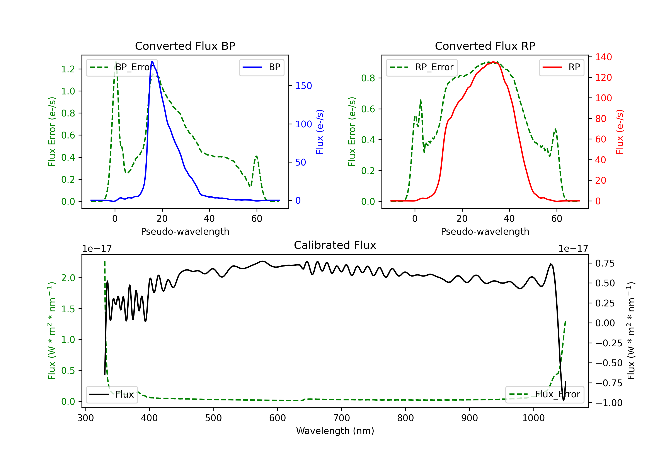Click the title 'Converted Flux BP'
tap(185, 46)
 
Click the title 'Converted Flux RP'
tap(485, 46)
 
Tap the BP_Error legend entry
tap(122, 67)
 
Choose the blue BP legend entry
tap(261, 67)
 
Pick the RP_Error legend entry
tap(422, 67)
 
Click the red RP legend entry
tap(561, 67)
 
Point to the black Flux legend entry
tap(112, 395)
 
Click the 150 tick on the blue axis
tap(303, 86)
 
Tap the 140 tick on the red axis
tap(603, 57)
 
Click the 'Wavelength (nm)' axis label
tap(335, 431)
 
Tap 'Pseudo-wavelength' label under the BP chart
tap(185, 231)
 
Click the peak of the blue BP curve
tap(152, 62)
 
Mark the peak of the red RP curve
tap(493, 62)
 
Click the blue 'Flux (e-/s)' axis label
tap(320, 132)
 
